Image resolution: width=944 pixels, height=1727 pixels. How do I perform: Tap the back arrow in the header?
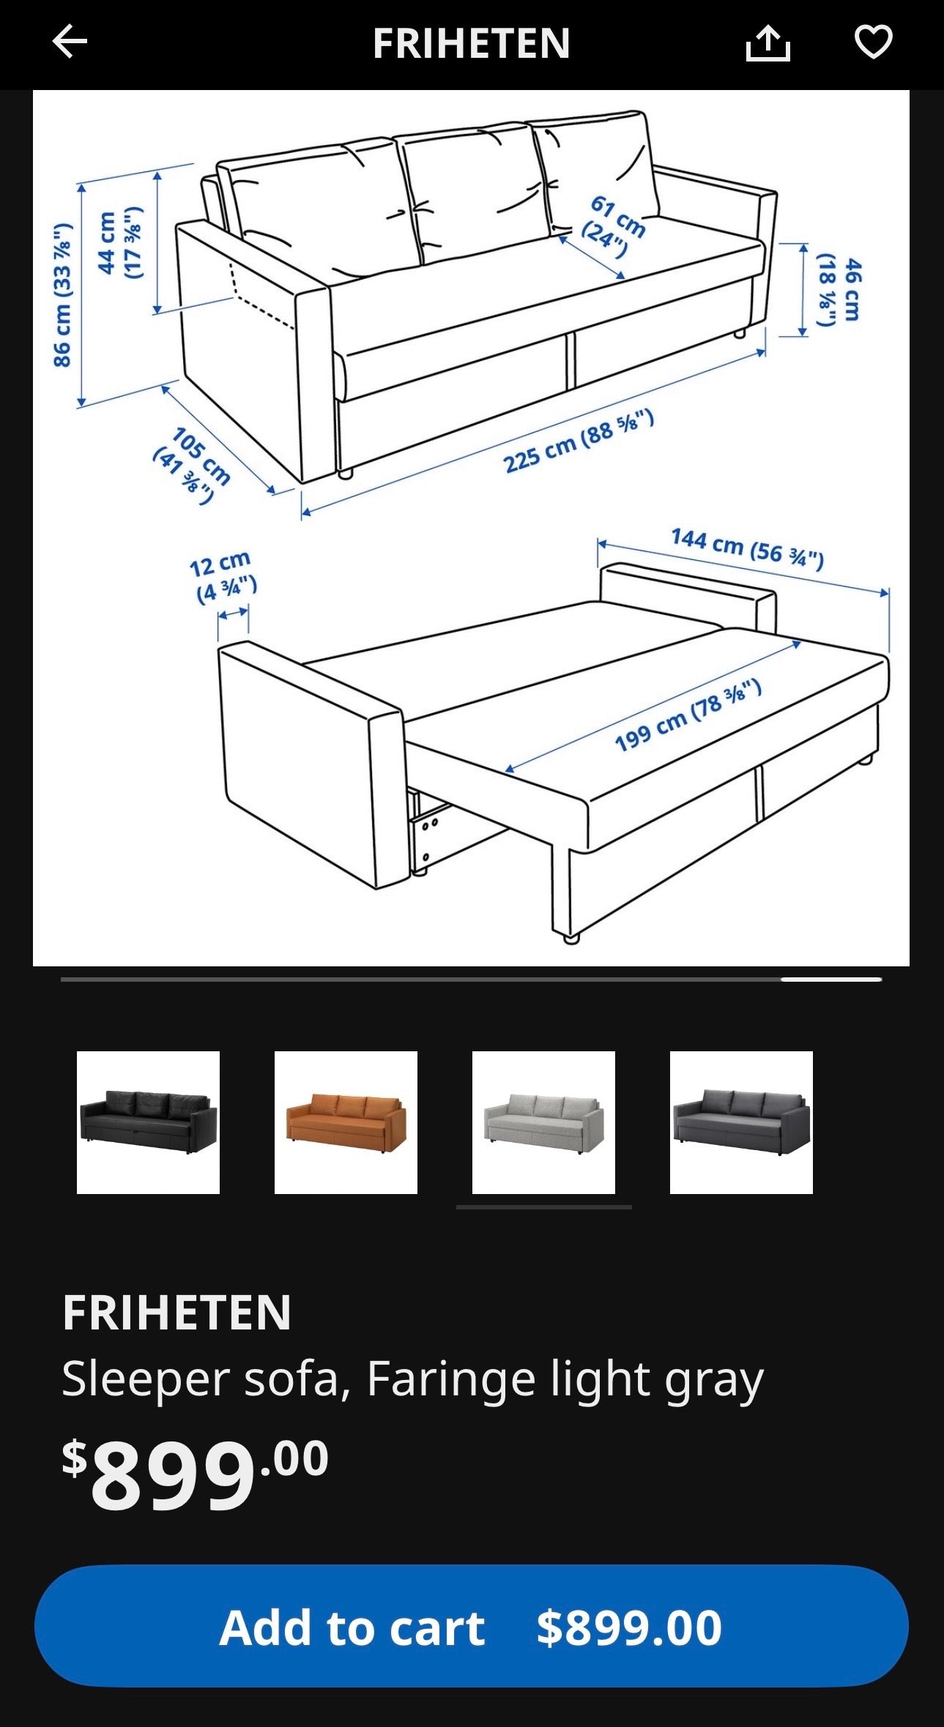tap(70, 42)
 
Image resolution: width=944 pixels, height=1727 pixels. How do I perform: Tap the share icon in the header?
tap(768, 43)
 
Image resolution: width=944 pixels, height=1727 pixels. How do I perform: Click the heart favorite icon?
tap(873, 42)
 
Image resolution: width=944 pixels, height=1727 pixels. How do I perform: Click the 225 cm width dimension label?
tap(578, 442)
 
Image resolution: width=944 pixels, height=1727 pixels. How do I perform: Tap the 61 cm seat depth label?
tap(613, 226)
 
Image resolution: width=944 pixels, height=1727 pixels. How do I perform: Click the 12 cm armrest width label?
tap(222, 577)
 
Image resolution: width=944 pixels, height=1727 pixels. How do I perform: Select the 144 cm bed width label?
tap(747, 548)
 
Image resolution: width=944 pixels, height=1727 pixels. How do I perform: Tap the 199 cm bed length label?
tap(688, 715)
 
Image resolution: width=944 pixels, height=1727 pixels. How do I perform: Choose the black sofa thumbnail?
tap(148, 1122)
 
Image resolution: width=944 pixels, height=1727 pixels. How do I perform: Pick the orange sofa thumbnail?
tap(346, 1122)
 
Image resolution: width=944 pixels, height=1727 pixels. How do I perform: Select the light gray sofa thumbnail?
tap(543, 1122)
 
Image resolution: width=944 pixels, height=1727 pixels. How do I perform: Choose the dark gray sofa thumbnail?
tap(741, 1122)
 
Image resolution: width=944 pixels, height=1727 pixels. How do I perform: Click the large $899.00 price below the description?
tap(195, 1474)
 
